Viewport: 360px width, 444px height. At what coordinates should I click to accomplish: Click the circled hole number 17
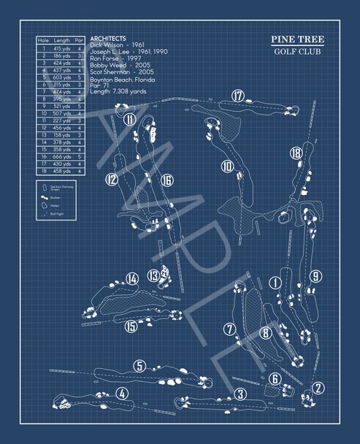pos(237,96)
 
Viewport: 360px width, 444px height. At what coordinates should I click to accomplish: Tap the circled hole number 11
pos(129,119)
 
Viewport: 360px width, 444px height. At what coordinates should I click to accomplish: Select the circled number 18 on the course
pos(296,153)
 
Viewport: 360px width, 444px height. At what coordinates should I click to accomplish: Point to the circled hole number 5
pos(139,366)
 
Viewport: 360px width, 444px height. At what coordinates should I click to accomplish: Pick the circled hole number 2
pos(318,388)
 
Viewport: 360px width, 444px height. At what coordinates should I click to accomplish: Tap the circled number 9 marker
pos(315,276)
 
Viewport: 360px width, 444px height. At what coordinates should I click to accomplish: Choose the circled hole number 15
pos(131,326)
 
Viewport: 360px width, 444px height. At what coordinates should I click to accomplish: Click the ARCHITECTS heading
pos(107,38)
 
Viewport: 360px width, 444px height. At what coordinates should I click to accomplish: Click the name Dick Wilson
pos(106,45)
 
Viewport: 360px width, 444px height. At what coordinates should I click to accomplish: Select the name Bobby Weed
pos(108,64)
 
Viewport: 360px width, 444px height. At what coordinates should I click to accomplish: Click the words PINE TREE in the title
pos(298,39)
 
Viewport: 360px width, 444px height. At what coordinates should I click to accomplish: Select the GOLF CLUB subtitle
pos(298,52)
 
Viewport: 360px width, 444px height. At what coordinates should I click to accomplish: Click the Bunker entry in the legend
pos(55,197)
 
